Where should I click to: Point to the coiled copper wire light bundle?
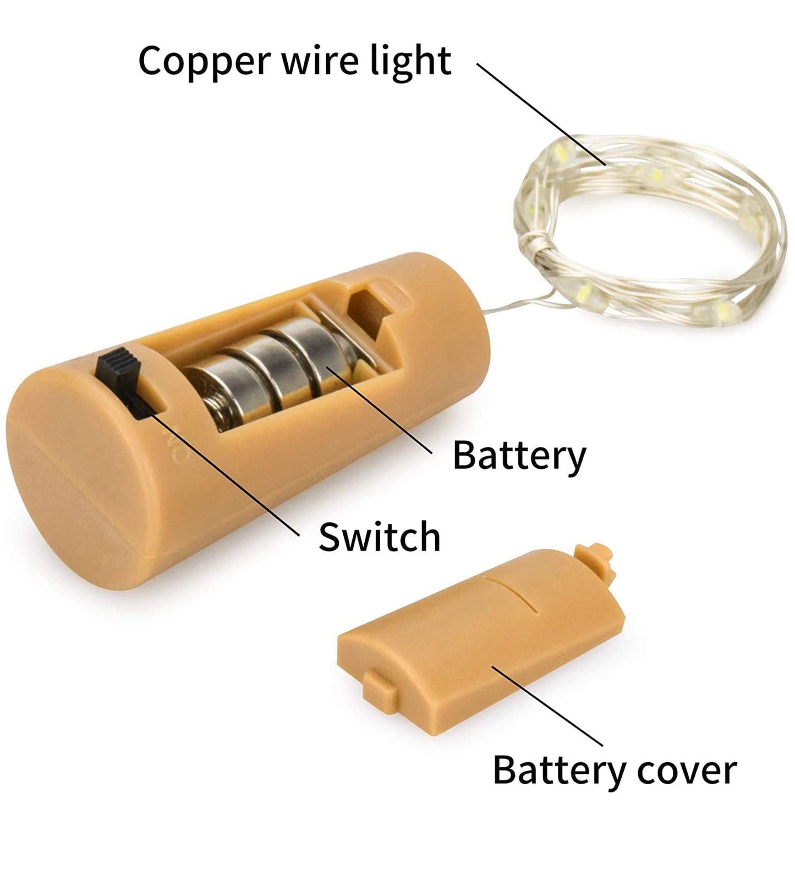pyautogui.click(x=649, y=231)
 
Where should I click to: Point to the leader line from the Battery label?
pyautogui.click(x=380, y=410)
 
